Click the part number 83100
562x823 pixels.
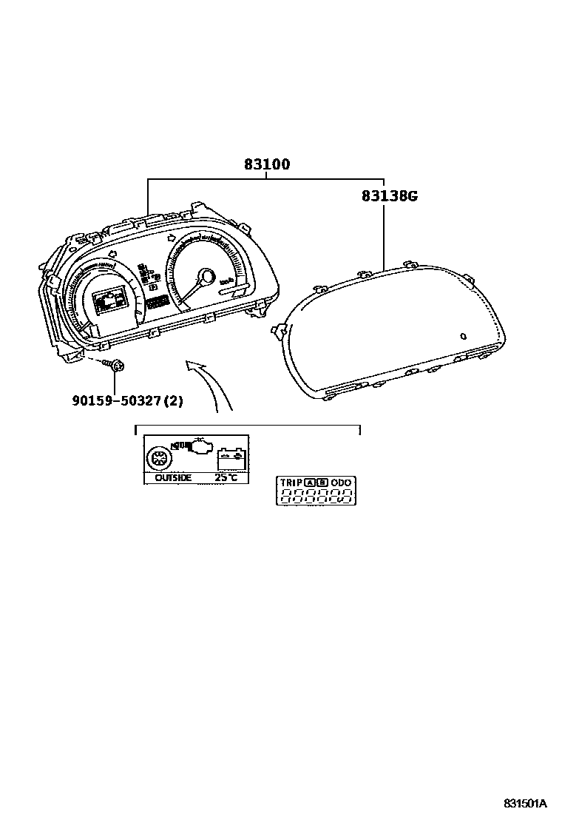coord(267,164)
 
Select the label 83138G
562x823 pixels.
coord(390,196)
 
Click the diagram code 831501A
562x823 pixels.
coord(525,803)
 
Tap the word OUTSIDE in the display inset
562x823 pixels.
coord(173,477)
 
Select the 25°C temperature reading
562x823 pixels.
coord(226,477)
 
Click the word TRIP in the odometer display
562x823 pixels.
coord(290,483)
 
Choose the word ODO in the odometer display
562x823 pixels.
coord(341,483)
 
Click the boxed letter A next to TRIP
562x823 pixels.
coord(308,483)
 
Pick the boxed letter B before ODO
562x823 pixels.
coord(322,483)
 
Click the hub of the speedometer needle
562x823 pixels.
coord(206,278)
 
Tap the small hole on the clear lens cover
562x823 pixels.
coord(462,336)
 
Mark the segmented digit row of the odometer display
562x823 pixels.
coord(315,497)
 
